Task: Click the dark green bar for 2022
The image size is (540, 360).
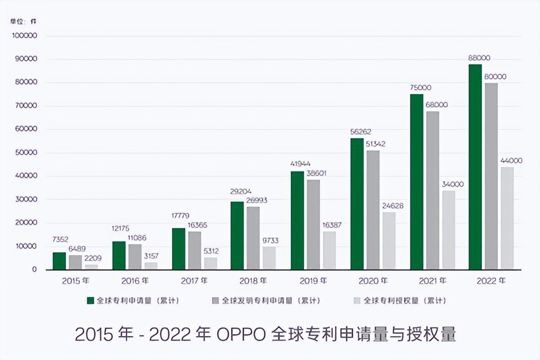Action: point(475,167)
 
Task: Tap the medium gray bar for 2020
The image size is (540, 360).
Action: point(373,210)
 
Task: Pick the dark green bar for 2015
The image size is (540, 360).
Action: point(59,260)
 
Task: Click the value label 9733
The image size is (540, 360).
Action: point(270,240)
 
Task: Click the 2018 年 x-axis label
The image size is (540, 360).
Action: point(253,281)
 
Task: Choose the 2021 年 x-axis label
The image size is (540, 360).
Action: point(432,281)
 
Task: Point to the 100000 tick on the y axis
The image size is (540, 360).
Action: point(25,36)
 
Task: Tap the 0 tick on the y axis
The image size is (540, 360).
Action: point(34,270)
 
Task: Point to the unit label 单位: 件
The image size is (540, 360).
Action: point(23,21)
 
